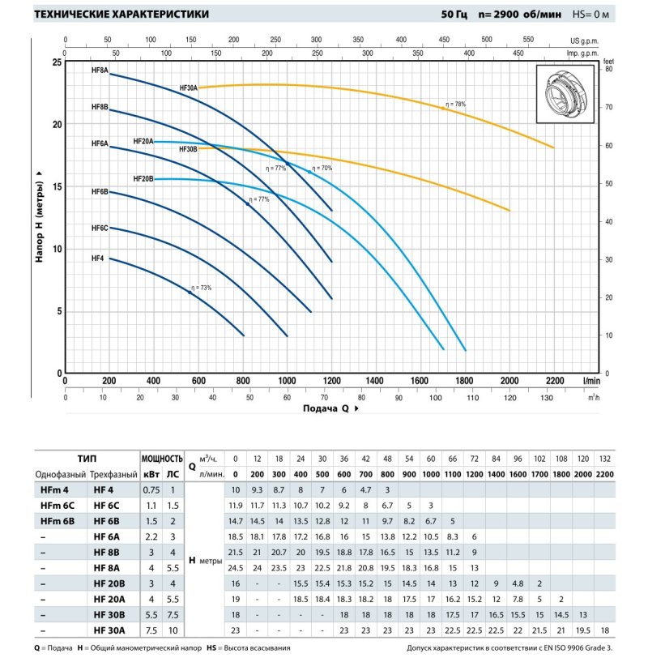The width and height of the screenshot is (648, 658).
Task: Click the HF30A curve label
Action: coord(188,87)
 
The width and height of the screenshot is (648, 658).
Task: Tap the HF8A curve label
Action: coord(100,70)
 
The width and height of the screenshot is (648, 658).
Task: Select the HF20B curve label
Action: coord(143,179)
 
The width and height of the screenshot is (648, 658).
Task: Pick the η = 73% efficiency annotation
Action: coord(200,288)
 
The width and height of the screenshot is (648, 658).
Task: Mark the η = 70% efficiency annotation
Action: coord(322,168)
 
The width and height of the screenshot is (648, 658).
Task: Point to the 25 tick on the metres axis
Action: coord(57,62)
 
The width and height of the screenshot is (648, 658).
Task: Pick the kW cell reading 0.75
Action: coord(152,489)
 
